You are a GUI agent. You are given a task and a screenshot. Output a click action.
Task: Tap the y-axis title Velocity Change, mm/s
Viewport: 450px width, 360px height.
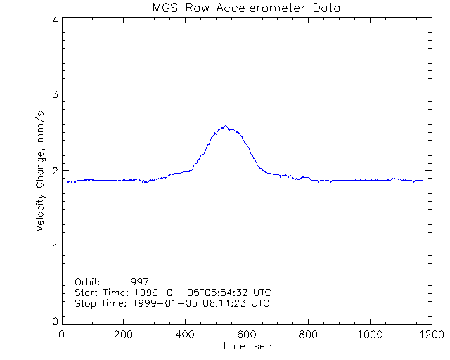pyautogui.click(x=41, y=170)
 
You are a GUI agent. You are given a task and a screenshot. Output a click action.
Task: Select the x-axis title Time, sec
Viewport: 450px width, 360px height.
pyautogui.click(x=246, y=346)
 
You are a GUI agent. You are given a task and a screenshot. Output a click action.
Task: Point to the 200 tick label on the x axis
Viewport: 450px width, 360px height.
pyautogui.click(x=124, y=335)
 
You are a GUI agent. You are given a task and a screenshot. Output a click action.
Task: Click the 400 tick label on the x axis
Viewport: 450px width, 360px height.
pyautogui.click(x=185, y=335)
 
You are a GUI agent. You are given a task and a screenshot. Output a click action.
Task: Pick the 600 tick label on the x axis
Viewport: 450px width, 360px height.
pyautogui.click(x=247, y=335)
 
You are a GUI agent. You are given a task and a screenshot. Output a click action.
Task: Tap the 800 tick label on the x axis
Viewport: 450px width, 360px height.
pyautogui.click(x=308, y=335)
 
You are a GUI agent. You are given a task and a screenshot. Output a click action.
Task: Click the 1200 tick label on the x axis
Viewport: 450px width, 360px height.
pyautogui.click(x=430, y=335)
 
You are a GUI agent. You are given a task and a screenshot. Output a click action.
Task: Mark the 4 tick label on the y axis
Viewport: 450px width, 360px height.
pyautogui.click(x=55, y=19)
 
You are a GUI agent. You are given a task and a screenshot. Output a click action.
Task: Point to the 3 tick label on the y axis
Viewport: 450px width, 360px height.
pyautogui.click(x=55, y=94)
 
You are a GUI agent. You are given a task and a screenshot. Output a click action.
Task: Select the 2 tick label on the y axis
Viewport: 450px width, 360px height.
pyautogui.click(x=55, y=170)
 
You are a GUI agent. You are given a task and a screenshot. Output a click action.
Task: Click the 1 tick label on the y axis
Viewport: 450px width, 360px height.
pyautogui.click(x=55, y=247)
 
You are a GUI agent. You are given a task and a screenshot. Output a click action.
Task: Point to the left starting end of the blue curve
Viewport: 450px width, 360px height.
pyautogui.click(x=67, y=181)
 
